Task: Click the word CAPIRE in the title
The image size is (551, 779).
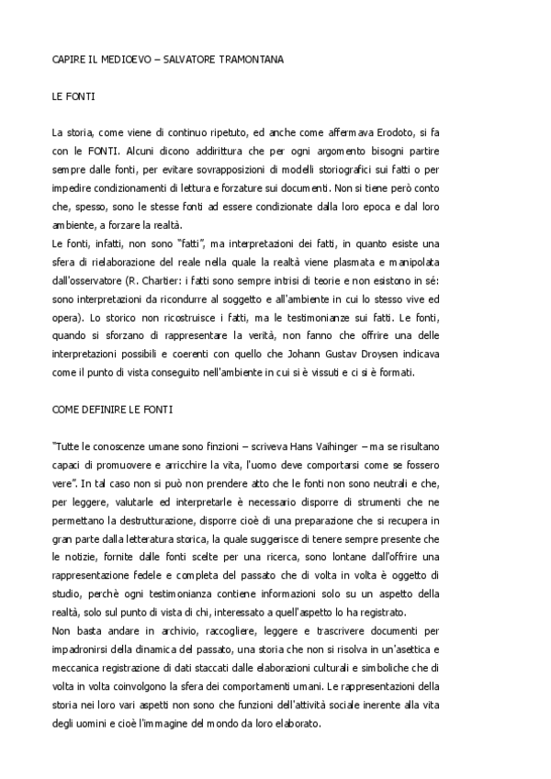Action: click(68, 60)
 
